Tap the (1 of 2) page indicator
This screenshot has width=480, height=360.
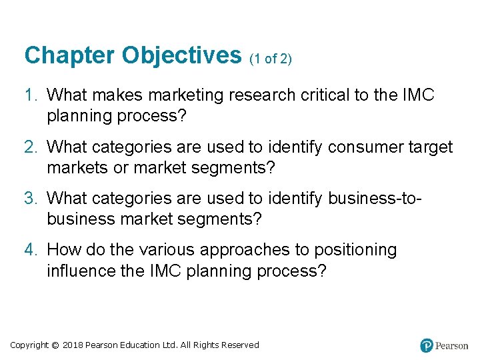(271, 59)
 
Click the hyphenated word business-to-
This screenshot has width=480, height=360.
(373, 199)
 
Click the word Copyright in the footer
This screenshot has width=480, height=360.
(29, 345)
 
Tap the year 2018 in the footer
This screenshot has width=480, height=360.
(74, 345)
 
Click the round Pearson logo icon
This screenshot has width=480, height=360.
(427, 345)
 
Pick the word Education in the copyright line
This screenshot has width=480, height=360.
(140, 345)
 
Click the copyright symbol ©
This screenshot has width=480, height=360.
(55, 345)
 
